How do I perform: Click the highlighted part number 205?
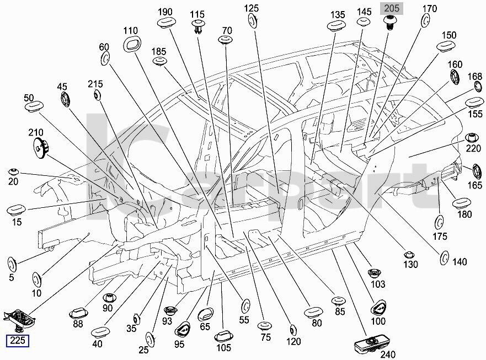[x=392, y=8]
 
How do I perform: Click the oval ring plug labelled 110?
[x=131, y=45]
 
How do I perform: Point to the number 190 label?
[x=165, y=12]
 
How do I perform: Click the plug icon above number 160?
[x=455, y=78]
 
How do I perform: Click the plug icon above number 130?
[x=409, y=255]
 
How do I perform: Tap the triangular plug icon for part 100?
[x=379, y=307]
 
